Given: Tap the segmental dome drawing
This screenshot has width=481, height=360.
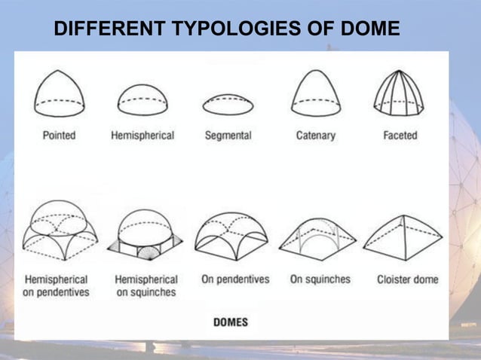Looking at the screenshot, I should tap(228, 105).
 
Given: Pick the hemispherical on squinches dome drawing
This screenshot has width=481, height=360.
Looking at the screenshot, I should tap(146, 234).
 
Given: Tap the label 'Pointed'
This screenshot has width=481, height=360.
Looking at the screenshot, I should tap(59, 136).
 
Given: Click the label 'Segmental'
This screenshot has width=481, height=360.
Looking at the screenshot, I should tap(228, 136).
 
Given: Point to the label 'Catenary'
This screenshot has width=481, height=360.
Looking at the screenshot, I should tap(316, 136).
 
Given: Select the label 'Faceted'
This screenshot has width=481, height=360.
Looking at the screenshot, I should tap(400, 136).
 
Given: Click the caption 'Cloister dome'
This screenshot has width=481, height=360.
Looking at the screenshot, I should tap(407, 279).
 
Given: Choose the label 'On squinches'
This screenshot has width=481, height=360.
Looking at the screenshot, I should tap(320, 279).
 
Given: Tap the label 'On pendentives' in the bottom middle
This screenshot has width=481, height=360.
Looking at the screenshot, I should tap(235, 279).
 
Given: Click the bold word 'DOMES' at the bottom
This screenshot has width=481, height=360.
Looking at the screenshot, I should tap(231, 322).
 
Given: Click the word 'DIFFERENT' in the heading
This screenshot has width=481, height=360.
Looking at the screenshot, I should tap(110, 30).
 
